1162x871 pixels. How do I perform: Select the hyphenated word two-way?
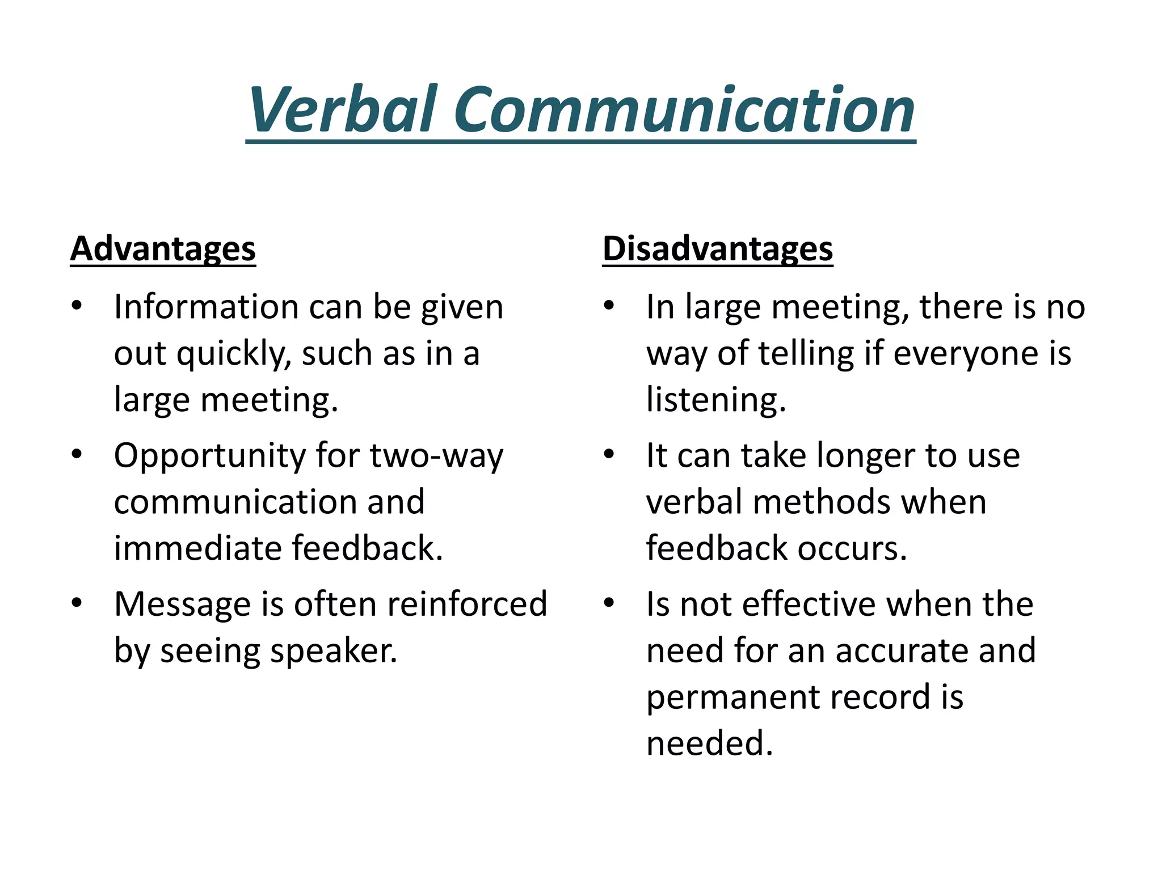[436, 456]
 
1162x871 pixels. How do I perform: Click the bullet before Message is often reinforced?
[77, 602]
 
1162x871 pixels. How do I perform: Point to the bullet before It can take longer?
[609, 454]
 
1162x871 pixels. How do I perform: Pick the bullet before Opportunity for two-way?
[77, 454]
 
